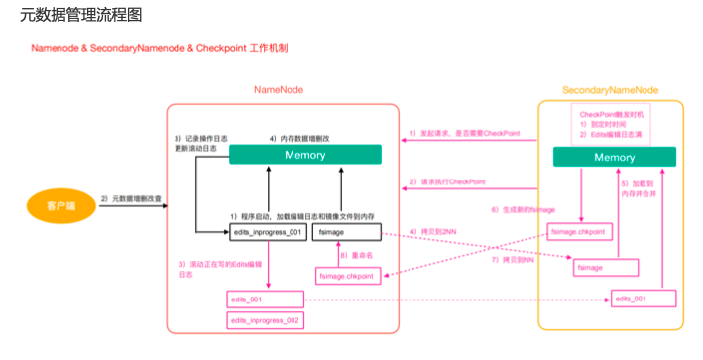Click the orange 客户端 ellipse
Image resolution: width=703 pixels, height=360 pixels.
(x=48, y=206)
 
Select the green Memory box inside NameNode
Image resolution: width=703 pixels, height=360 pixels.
(x=304, y=155)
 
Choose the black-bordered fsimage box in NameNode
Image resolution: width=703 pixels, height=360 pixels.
(x=346, y=231)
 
